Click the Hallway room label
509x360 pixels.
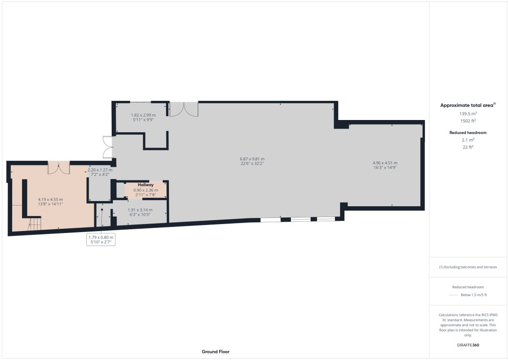tap(145, 185)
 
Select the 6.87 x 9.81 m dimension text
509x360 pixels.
tap(252, 159)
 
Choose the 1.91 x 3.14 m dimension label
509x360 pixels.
tap(140, 210)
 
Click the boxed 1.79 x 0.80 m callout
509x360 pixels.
tap(101, 238)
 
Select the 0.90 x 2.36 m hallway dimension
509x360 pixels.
tap(145, 190)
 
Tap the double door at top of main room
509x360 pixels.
tap(183, 109)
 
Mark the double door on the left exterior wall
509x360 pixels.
tap(107, 147)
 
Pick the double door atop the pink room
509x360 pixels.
tap(59, 168)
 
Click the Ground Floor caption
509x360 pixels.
tap(215, 352)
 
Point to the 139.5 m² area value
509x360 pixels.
tap(468, 113)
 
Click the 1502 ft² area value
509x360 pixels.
tap(468, 120)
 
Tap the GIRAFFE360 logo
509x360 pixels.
tap(468, 345)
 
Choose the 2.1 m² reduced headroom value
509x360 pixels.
tap(468, 140)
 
